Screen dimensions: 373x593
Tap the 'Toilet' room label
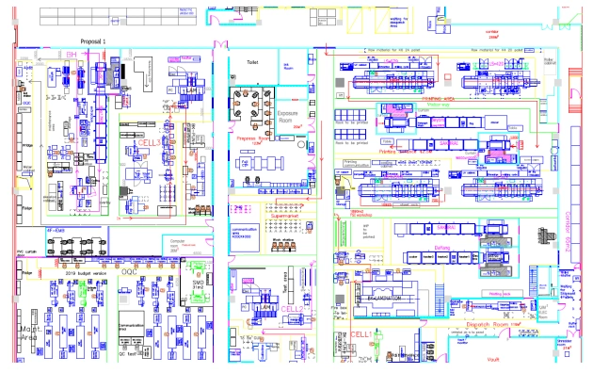pyautogui.click(x=251, y=58)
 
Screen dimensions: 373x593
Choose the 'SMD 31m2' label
pyautogui.click(x=199, y=284)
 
